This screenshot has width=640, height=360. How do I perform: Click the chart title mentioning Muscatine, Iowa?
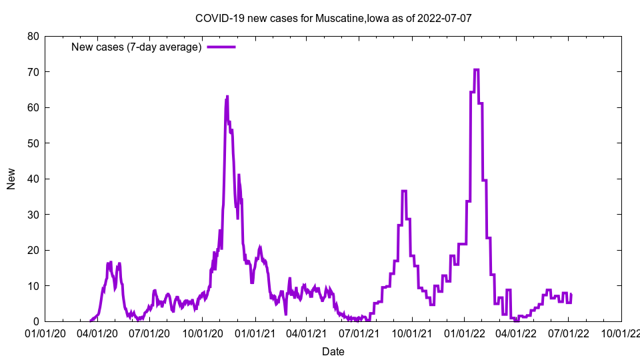(x=333, y=18)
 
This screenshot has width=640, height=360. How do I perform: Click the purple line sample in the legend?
(x=221, y=47)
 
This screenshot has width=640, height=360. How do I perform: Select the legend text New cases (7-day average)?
(x=136, y=47)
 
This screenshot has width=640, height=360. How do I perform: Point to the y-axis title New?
(x=11, y=179)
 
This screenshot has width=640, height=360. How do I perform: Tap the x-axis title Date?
(x=333, y=351)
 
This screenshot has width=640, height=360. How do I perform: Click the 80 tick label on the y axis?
(x=33, y=36)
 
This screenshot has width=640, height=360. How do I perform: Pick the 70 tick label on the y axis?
(x=33, y=72)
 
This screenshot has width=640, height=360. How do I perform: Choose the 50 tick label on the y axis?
(x=33, y=143)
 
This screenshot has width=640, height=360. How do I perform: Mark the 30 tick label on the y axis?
(x=33, y=215)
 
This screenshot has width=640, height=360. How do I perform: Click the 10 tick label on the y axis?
(x=33, y=286)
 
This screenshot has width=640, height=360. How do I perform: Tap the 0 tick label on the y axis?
(x=36, y=322)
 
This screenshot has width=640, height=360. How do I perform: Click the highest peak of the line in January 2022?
(x=476, y=69)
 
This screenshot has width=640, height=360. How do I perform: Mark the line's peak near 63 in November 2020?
(x=227, y=97)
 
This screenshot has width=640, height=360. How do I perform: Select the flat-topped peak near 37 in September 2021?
(x=404, y=191)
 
